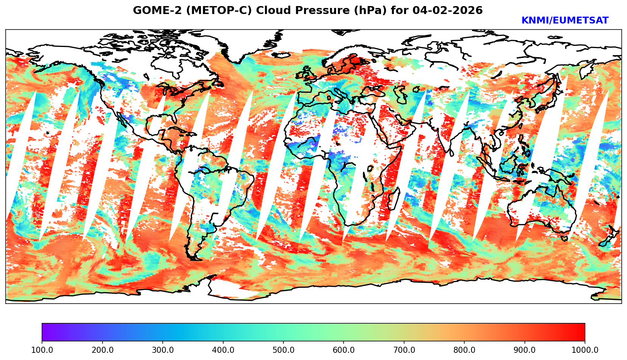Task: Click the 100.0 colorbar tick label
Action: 42,350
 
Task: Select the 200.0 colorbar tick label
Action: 102,350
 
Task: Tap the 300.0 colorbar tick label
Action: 163,350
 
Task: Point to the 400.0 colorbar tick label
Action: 223,350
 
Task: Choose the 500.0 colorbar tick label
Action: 283,350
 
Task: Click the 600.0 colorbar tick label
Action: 344,350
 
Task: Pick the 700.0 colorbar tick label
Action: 404,350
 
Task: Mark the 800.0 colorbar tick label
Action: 464,350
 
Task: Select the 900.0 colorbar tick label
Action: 525,350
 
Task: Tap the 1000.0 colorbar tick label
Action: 585,350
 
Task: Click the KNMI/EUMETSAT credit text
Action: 565,21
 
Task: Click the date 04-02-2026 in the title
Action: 448,11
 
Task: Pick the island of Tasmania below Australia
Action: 564,238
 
